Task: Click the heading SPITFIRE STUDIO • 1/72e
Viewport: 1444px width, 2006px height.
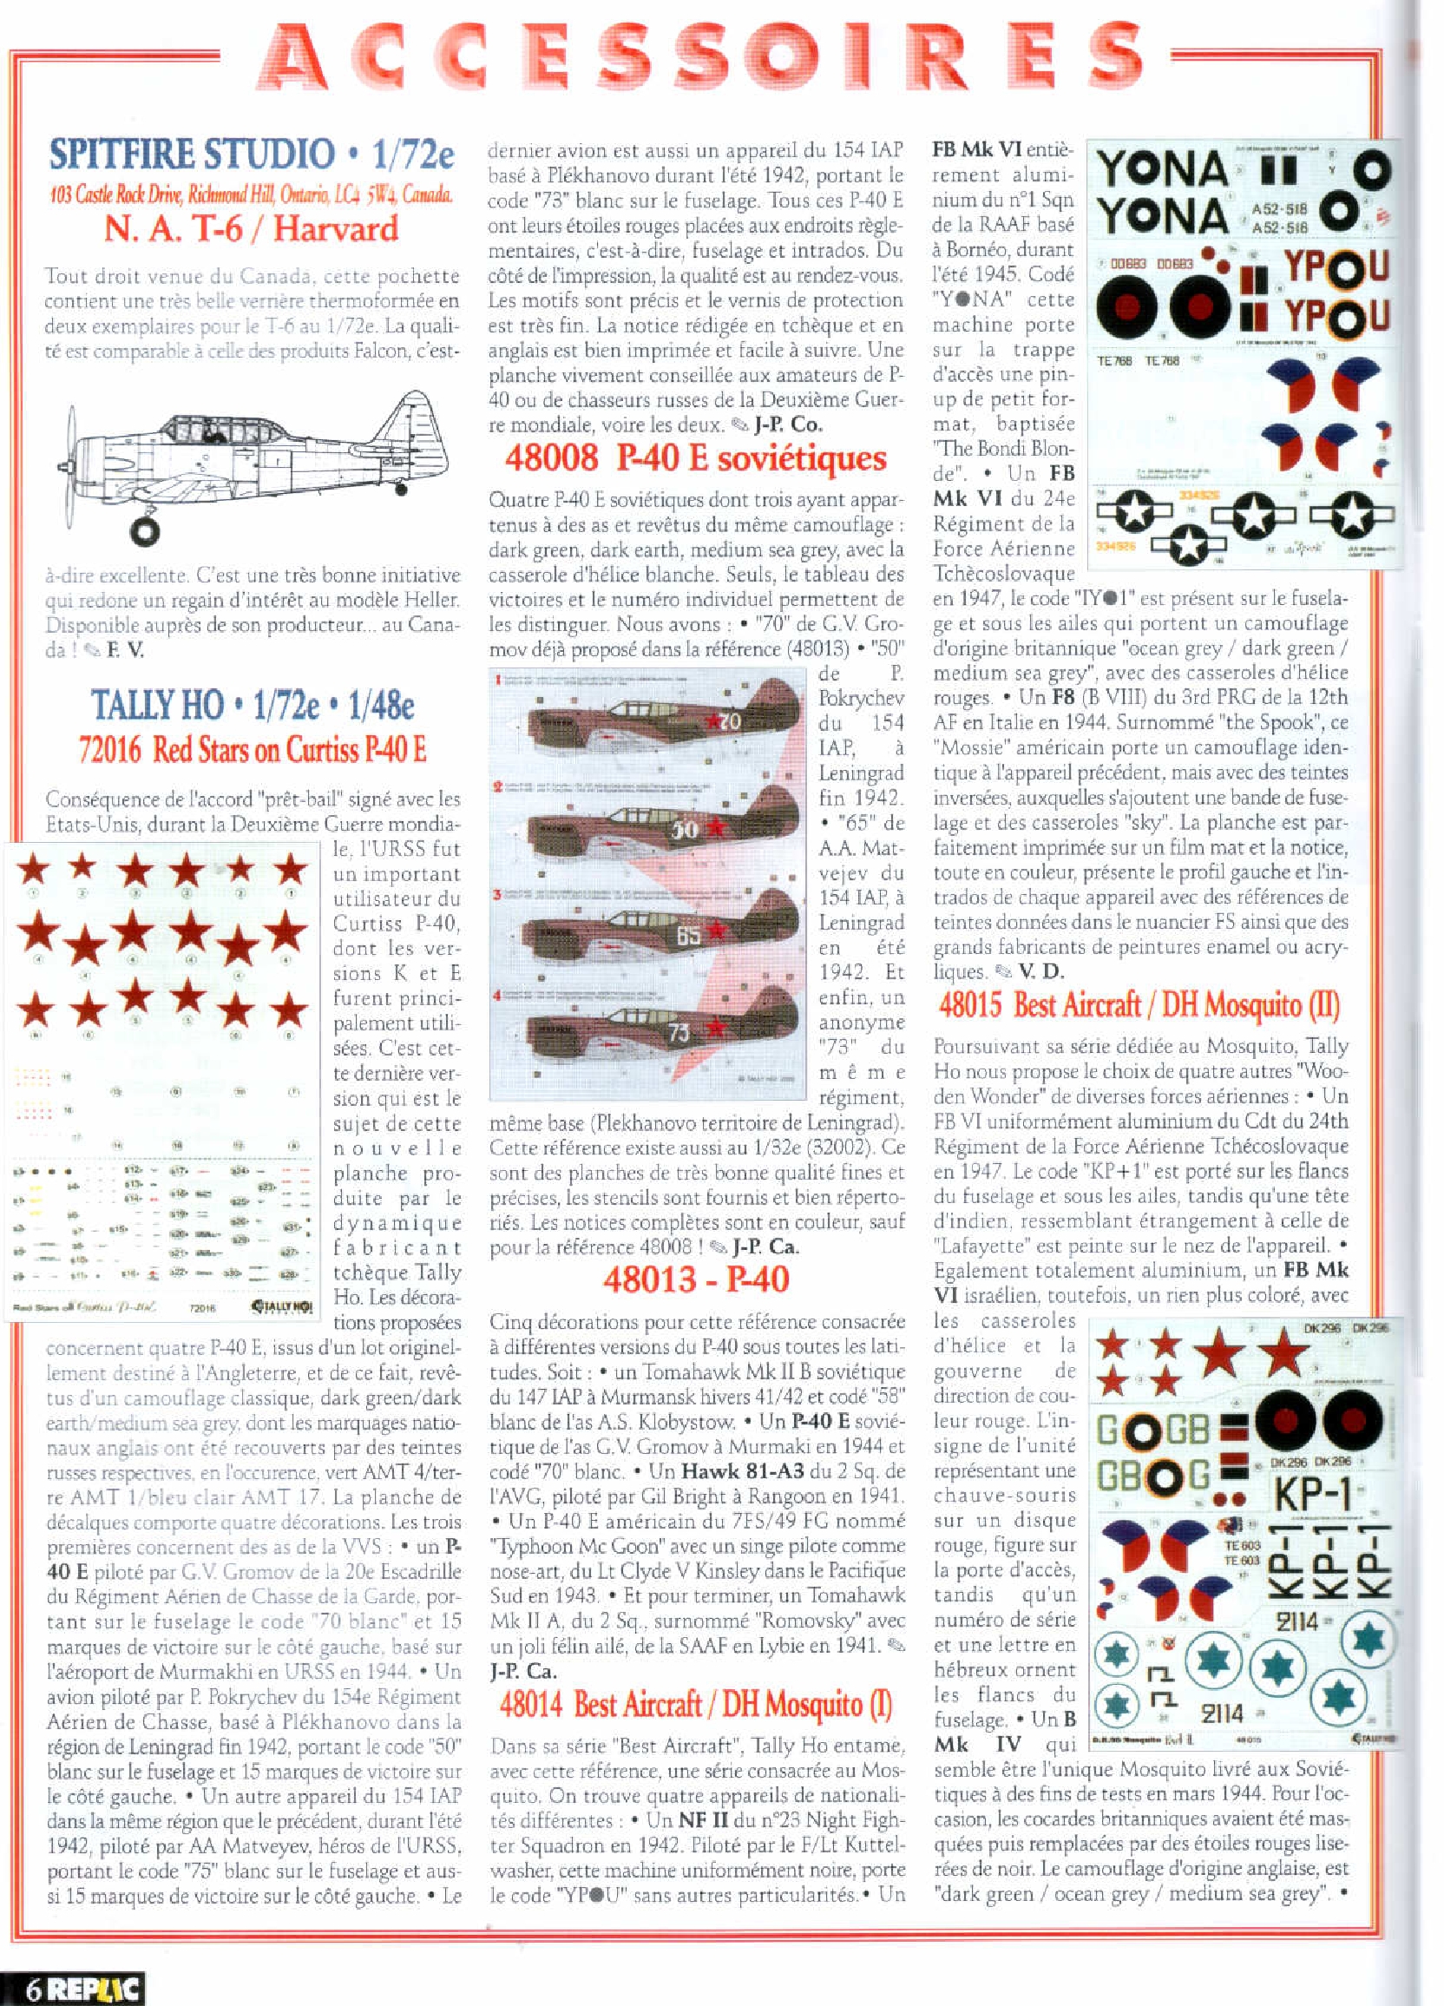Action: (x=251, y=154)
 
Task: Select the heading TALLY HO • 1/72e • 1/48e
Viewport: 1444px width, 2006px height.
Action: (x=253, y=705)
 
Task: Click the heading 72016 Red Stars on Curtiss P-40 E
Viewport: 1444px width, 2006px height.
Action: (x=253, y=750)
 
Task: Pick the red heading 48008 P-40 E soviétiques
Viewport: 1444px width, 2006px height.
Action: (x=695, y=458)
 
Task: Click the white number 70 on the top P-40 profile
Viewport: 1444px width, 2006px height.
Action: (x=730, y=721)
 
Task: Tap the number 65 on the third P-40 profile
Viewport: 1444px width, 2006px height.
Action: (x=689, y=935)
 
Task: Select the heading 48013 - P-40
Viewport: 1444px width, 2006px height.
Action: (x=696, y=1279)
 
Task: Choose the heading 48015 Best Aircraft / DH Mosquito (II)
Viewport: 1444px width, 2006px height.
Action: (x=1139, y=1006)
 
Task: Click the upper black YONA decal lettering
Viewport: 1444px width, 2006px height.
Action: (x=1162, y=170)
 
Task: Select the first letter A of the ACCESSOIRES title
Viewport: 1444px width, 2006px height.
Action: (x=292, y=60)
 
